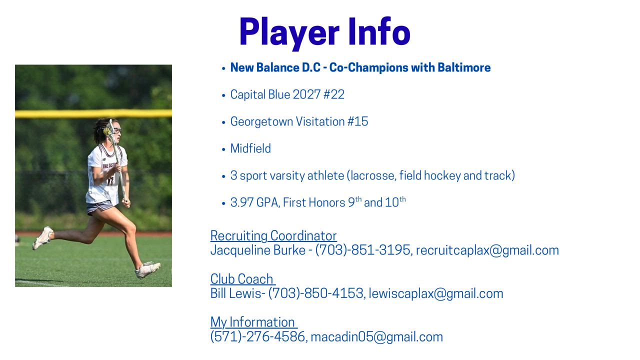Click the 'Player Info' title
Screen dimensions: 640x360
click(x=325, y=32)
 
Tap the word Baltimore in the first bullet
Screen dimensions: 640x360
click(x=464, y=67)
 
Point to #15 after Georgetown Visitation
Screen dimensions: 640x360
click(x=357, y=121)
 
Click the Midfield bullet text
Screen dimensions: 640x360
click(x=250, y=148)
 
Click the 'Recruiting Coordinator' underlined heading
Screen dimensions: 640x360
click(x=273, y=236)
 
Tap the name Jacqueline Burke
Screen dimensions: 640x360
click(x=257, y=250)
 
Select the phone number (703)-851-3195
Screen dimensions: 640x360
click(x=363, y=250)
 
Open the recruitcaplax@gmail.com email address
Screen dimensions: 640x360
click(x=487, y=250)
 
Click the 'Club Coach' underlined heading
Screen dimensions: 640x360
click(x=242, y=279)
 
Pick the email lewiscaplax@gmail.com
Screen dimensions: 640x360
click(x=435, y=293)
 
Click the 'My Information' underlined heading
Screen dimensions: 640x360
click(x=253, y=322)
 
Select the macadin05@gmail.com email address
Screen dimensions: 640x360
click(x=376, y=337)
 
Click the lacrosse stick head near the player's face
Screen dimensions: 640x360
click(x=109, y=129)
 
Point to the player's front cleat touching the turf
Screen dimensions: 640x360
click(x=147, y=269)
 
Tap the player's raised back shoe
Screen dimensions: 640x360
click(x=43, y=237)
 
